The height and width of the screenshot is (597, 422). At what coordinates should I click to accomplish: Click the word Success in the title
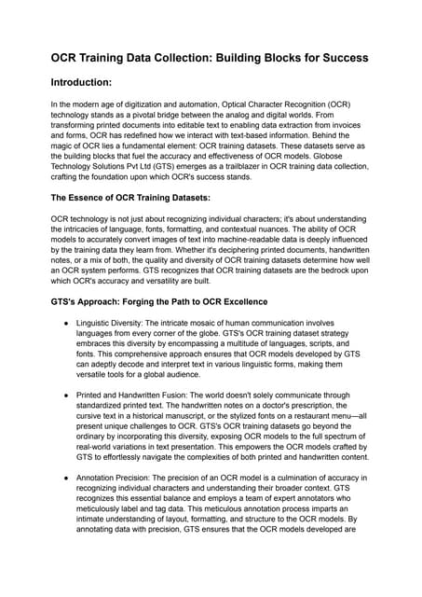coord(337,58)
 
